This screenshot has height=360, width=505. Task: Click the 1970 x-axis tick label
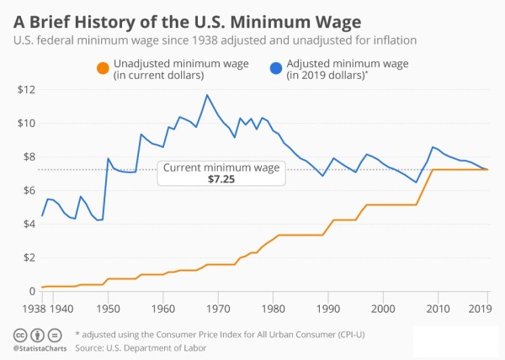[x=218, y=308]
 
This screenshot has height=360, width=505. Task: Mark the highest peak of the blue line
[x=206, y=95]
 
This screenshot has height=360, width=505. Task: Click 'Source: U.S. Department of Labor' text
[x=141, y=347]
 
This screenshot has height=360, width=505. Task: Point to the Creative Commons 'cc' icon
[x=19, y=334]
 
